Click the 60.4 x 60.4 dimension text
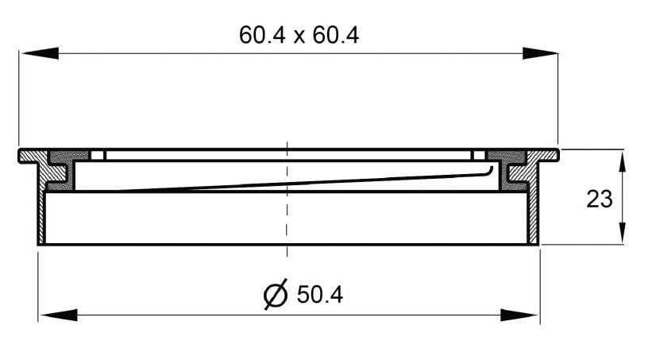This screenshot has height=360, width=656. [x=299, y=35]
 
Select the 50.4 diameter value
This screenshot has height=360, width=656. [x=320, y=295]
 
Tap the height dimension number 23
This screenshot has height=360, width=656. [x=599, y=199]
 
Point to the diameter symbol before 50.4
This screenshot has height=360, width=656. [x=276, y=294]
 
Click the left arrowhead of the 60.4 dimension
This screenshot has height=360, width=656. [x=40, y=53]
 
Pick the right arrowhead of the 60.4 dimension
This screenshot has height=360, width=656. [x=540, y=53]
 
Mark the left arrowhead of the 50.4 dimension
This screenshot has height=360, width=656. [x=59, y=315]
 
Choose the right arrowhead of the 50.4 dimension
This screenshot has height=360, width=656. [x=519, y=315]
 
